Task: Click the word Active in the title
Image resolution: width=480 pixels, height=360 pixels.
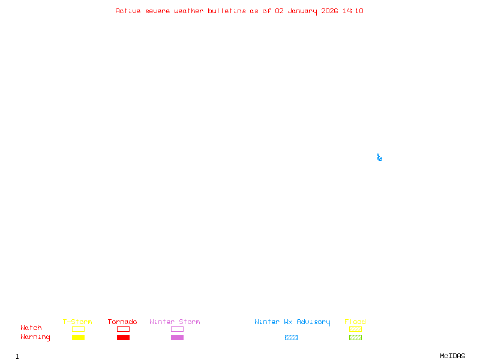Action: pyautogui.click(x=128, y=11)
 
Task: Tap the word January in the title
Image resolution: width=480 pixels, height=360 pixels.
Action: pyautogui.click(x=301, y=11)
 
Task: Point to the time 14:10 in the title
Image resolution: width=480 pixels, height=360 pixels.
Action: pyautogui.click(x=353, y=11)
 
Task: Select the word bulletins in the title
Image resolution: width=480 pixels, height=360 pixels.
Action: pyautogui.click(x=227, y=11)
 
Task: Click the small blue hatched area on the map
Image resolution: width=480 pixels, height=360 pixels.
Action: pyautogui.click(x=379, y=158)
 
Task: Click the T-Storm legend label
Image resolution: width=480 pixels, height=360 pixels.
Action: pyautogui.click(x=77, y=322)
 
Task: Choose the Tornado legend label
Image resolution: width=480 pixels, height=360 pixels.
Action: pyautogui.click(x=122, y=322)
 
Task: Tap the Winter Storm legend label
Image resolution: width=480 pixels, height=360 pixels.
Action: pyautogui.click(x=175, y=322)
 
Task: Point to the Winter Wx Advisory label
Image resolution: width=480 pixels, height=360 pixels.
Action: pyautogui.click(x=292, y=322)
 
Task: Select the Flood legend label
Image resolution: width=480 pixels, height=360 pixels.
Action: pyautogui.click(x=355, y=322)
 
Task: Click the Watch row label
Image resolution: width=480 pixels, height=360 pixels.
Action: pyautogui.click(x=31, y=328)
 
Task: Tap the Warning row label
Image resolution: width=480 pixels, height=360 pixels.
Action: pyautogui.click(x=35, y=337)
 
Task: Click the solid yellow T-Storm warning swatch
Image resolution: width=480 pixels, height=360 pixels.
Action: pyautogui.click(x=78, y=337)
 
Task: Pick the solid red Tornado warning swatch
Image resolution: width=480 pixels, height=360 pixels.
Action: pyautogui.click(x=123, y=337)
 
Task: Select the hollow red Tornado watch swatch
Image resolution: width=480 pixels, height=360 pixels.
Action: pyautogui.click(x=123, y=329)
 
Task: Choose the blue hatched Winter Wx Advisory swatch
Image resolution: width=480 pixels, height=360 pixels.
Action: pyautogui.click(x=291, y=337)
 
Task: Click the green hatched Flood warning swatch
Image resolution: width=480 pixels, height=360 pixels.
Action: pyautogui.click(x=355, y=337)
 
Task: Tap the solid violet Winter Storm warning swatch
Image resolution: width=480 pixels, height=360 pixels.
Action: pyautogui.click(x=177, y=337)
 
